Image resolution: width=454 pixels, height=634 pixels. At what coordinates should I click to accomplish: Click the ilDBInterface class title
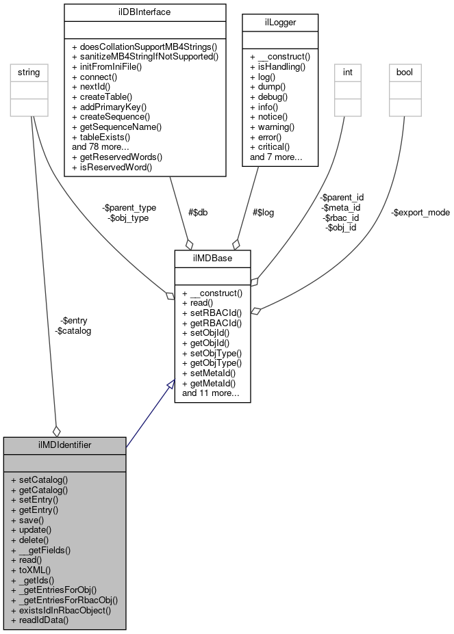point(144,12)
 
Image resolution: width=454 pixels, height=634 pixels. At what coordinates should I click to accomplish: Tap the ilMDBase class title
point(212,259)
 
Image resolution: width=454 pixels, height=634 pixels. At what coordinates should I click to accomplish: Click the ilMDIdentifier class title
point(65,445)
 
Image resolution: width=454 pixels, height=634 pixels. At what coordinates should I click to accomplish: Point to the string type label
point(29,72)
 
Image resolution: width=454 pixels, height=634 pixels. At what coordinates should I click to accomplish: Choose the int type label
point(347,72)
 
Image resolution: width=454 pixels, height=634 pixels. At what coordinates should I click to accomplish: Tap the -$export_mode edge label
point(420,212)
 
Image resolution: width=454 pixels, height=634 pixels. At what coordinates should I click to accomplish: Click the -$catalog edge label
point(73,330)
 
